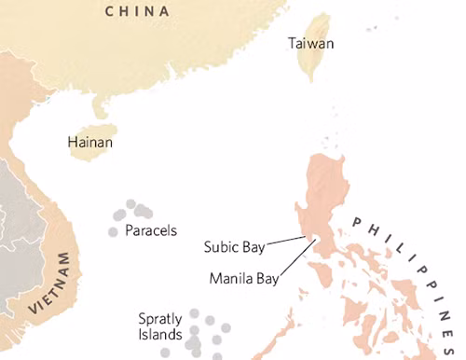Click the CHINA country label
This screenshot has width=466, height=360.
[x=137, y=11]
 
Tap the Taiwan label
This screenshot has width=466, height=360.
[x=311, y=44]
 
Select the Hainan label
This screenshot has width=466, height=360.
[x=90, y=143]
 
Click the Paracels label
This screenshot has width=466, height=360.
[x=151, y=230]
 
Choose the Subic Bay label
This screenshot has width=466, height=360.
[x=235, y=247]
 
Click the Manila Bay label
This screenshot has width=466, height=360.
[x=242, y=278]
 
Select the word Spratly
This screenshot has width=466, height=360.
[x=160, y=318]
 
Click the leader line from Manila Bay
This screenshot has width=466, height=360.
[x=296, y=261]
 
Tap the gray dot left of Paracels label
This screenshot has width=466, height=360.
[x=114, y=231]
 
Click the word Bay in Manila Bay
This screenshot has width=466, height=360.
[x=263, y=278]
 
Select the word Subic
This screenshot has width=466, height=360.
[x=222, y=247]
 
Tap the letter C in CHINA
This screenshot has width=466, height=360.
[x=110, y=11]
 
